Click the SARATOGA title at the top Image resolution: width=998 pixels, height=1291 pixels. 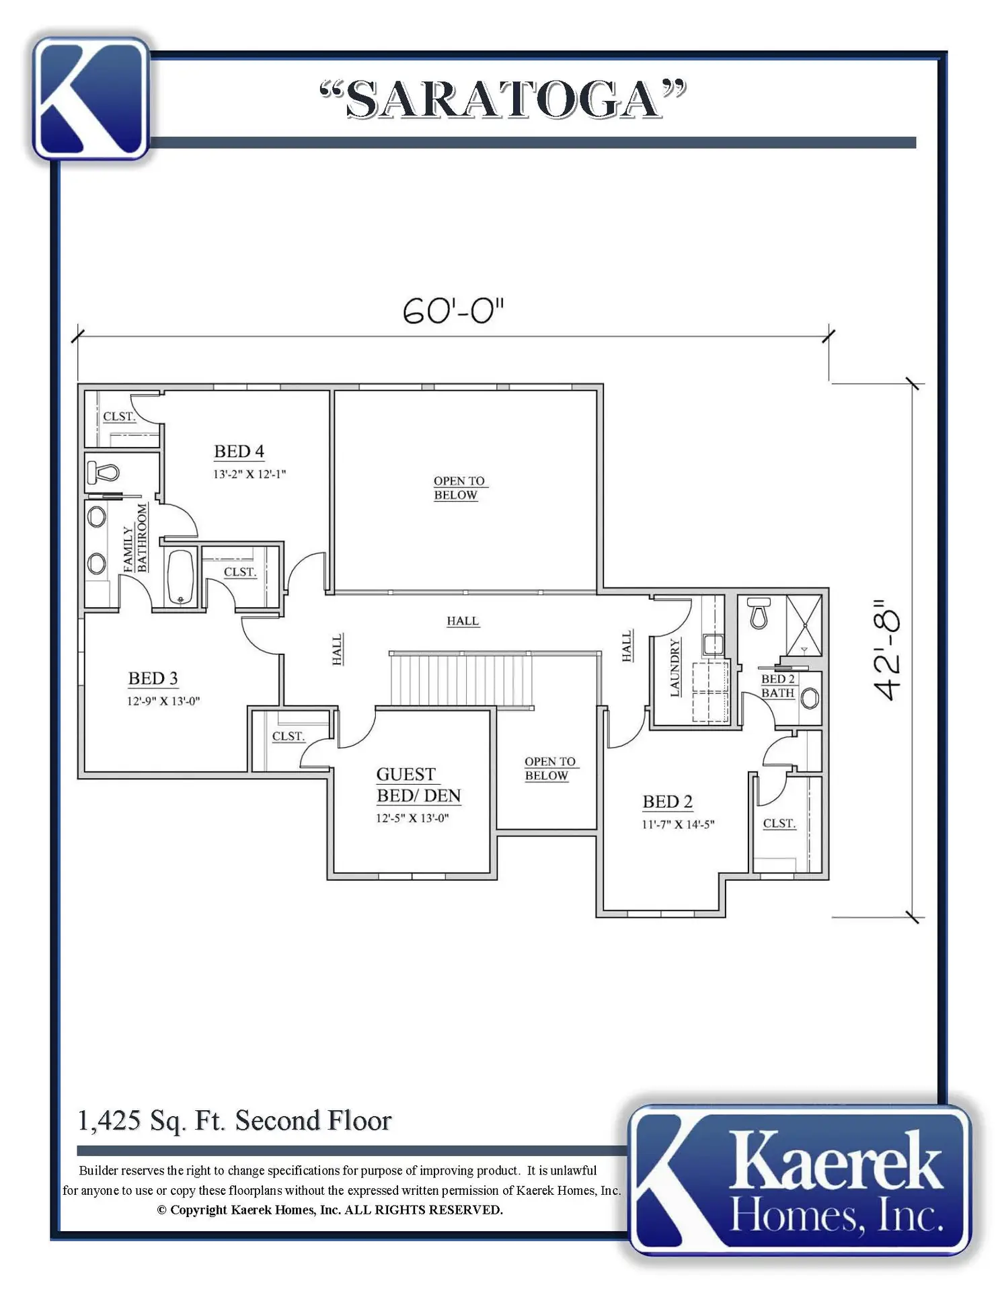(x=503, y=100)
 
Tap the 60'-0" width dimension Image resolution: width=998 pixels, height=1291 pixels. (x=453, y=311)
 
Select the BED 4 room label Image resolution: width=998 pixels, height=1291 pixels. (x=239, y=451)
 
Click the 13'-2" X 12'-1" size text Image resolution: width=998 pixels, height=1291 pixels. (x=249, y=474)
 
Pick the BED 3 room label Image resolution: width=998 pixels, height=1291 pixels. (x=153, y=678)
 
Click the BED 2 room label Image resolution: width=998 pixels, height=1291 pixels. (x=667, y=801)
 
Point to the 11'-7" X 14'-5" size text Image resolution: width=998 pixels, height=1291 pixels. (x=678, y=824)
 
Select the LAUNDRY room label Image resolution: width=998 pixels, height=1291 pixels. (x=675, y=668)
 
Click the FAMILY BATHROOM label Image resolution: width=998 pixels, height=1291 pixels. (x=135, y=538)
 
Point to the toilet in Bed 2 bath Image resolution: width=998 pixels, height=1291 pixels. (x=759, y=613)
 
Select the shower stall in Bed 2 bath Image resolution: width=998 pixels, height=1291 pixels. (x=804, y=625)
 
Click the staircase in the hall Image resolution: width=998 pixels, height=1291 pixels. (x=461, y=679)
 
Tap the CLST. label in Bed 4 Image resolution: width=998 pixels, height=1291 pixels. (x=119, y=417)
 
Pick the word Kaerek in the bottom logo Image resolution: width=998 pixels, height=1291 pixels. (x=835, y=1162)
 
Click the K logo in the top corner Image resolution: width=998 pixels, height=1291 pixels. (x=91, y=98)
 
